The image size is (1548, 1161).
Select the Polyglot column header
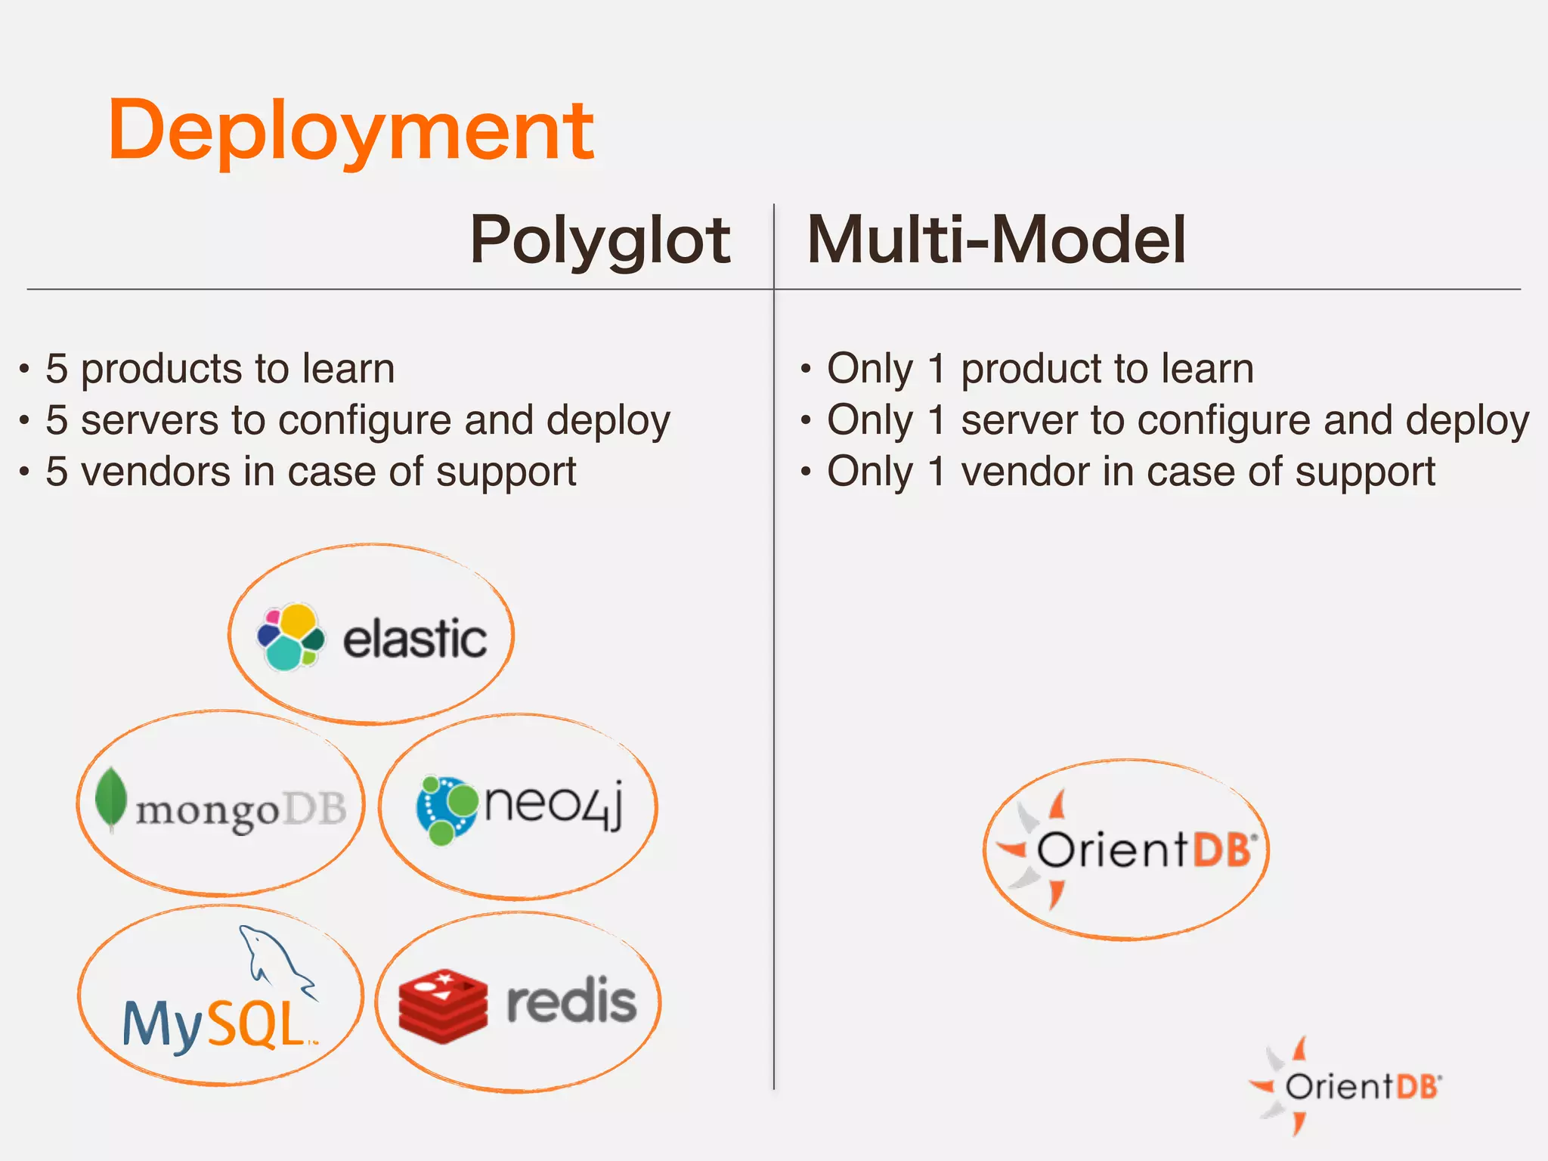[x=600, y=240]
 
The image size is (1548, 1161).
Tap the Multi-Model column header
[x=996, y=240]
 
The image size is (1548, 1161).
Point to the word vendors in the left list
[x=156, y=472]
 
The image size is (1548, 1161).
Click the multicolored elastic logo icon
[x=291, y=637]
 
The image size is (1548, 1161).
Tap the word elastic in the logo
[x=414, y=639]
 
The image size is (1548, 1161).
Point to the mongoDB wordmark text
[x=240, y=810]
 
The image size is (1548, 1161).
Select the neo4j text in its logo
[x=554, y=804]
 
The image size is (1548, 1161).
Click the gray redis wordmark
[x=571, y=1001]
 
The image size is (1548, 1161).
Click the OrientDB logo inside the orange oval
[x=1126, y=850]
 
